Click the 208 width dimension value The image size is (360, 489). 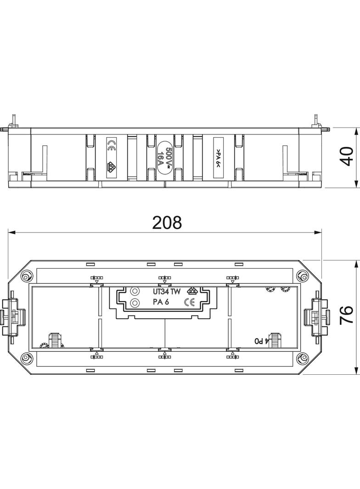(167, 222)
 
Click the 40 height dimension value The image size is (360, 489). (347, 157)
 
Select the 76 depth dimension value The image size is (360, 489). (347, 316)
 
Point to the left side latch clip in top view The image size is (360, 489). (14, 316)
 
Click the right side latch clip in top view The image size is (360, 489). (316, 316)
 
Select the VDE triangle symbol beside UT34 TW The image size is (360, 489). (193, 291)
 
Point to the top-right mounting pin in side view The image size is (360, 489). (317, 121)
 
